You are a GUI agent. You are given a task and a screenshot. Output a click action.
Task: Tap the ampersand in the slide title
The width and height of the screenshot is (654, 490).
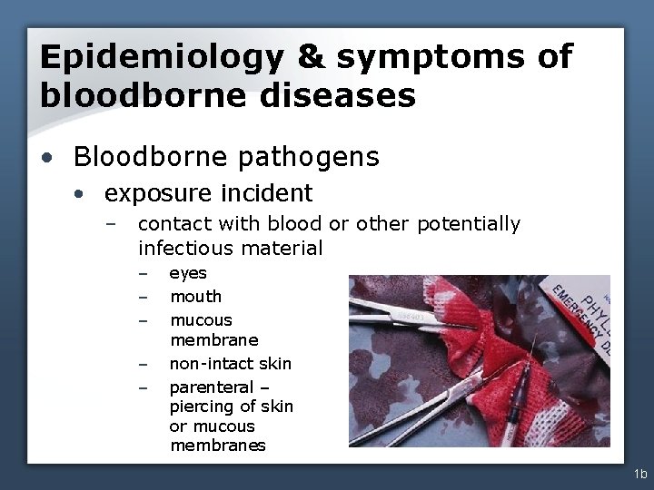[311, 57]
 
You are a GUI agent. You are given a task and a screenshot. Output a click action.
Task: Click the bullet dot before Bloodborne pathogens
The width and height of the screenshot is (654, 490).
[53, 159]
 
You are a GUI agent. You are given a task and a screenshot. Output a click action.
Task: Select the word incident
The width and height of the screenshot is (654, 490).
[272, 193]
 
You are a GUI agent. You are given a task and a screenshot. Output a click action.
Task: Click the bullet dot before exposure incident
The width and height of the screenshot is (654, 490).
[83, 194]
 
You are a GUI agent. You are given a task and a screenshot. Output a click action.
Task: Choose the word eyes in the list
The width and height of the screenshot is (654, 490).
[188, 273]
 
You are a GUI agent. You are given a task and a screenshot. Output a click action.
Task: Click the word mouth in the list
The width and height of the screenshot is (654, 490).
[195, 297]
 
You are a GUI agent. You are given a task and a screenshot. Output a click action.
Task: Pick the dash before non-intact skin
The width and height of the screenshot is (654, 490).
[143, 365]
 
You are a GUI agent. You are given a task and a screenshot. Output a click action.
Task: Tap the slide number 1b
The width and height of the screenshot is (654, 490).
[640, 474]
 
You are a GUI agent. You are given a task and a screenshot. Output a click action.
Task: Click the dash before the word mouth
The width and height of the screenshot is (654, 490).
[143, 298]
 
